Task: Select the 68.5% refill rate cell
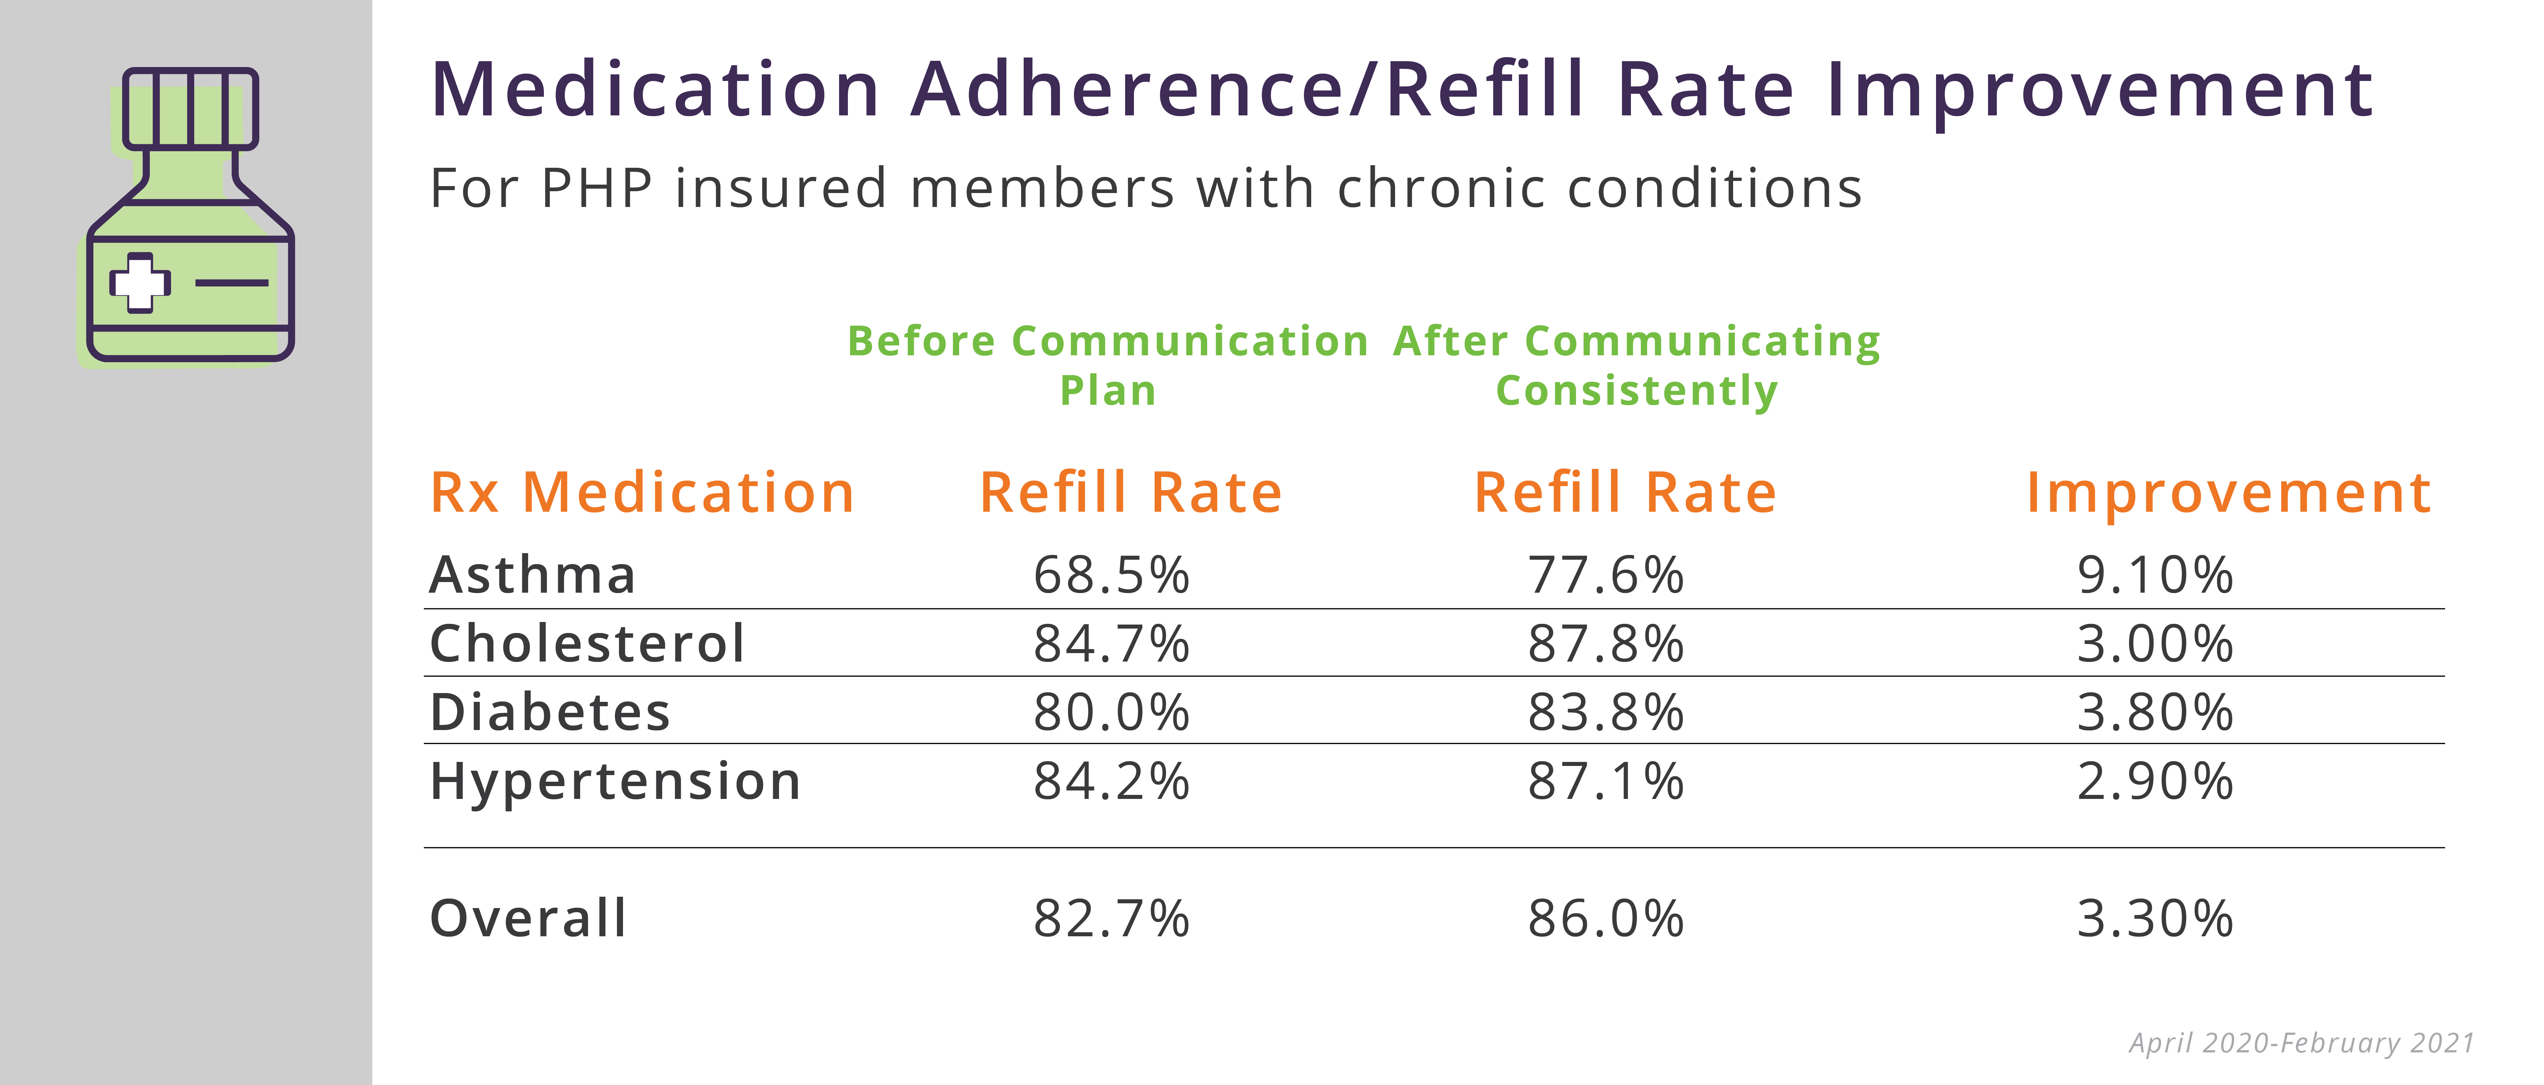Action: pos(1111,575)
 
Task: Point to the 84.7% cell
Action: pos(1111,644)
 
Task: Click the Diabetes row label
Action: pos(550,712)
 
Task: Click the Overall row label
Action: pos(529,919)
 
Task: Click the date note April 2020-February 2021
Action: pos(2301,1044)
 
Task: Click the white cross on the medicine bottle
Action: pos(140,284)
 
